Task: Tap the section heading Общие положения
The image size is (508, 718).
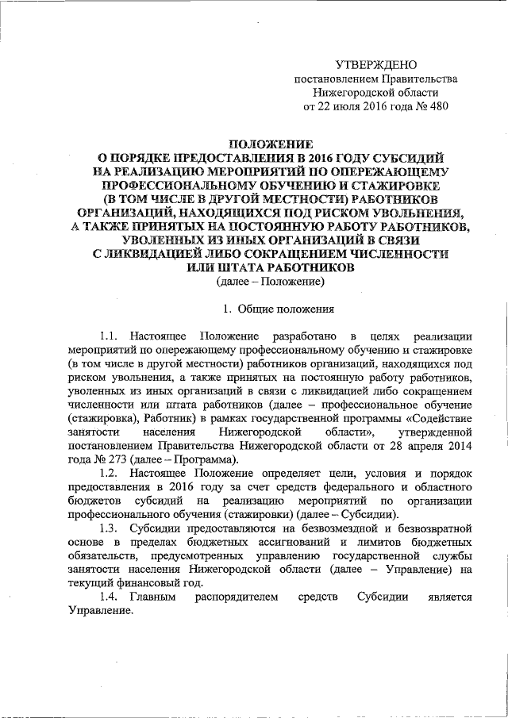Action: coord(275,309)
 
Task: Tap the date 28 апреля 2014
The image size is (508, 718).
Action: coord(431,446)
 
